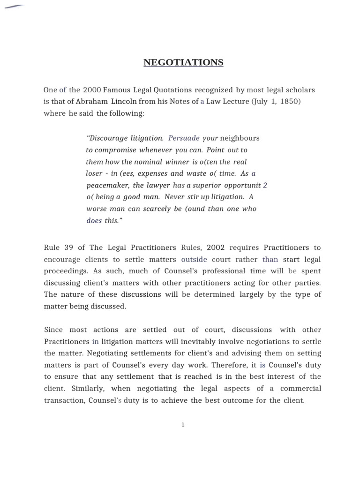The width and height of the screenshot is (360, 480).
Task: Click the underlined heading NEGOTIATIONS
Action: click(183, 62)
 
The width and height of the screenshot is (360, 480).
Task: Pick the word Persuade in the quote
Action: click(184, 138)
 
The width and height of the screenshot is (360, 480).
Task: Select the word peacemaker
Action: click(107, 185)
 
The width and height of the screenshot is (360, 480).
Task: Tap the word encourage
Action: click(62, 259)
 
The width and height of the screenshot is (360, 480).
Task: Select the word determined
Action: click(214, 294)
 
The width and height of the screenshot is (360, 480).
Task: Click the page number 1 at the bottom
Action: click(183, 424)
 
